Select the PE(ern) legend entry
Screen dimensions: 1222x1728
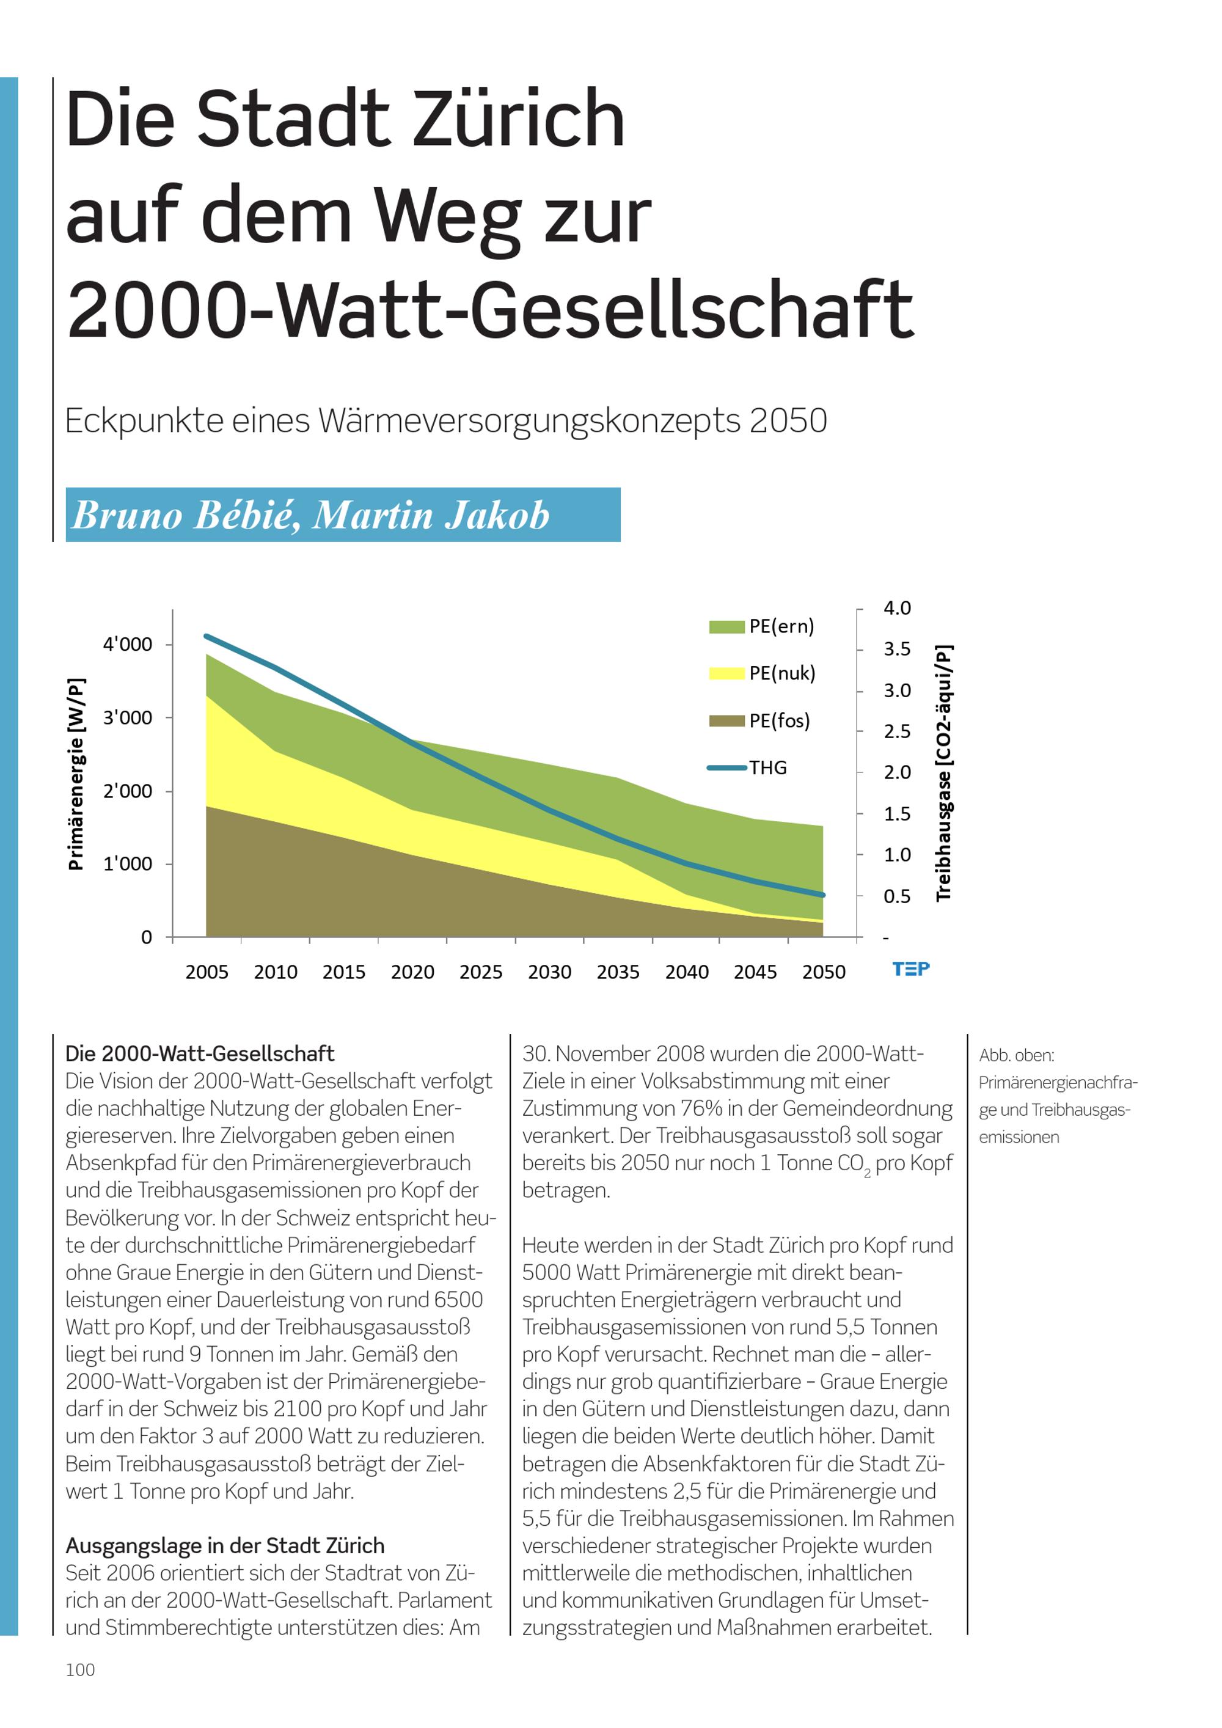[761, 626]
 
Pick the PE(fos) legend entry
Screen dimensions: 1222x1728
[760, 720]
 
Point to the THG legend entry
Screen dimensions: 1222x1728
[747, 767]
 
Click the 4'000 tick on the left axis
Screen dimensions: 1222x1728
[127, 644]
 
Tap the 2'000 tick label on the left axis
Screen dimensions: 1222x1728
[127, 791]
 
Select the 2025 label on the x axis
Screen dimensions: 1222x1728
[481, 972]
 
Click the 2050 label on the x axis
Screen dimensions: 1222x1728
[824, 972]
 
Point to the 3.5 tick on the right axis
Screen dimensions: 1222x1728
[897, 649]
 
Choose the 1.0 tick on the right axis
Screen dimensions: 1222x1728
[897, 854]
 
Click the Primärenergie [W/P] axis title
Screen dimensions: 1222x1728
[76, 774]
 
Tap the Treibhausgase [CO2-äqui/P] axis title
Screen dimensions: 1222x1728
[943, 773]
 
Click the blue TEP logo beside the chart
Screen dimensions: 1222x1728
[911, 968]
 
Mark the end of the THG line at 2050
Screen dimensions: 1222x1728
[823, 895]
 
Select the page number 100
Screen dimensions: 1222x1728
[81, 1670]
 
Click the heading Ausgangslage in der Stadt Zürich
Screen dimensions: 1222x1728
[225, 1546]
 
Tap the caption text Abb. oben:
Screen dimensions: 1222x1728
[1017, 1055]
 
